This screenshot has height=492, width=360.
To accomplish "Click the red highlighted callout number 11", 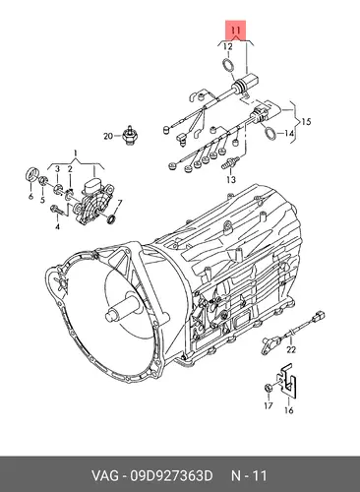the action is coord(236,31).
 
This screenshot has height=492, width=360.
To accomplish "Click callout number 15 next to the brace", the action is coord(306,122).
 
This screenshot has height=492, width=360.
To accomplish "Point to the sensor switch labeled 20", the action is coord(129,135).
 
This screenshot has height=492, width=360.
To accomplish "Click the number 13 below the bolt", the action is coord(231,179).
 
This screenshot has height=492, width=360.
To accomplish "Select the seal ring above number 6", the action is coord(32,174).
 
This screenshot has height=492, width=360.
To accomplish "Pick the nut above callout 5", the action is coord(43,180).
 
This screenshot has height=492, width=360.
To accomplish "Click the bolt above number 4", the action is coord(56,210).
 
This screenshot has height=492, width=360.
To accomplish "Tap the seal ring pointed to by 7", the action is coord(112,218).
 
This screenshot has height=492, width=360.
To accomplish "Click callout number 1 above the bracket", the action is coord(75,153).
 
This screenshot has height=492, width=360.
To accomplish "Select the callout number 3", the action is coord(57,169).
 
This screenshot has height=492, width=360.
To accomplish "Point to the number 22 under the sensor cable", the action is coord(291,349).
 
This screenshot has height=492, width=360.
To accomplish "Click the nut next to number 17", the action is coord(268,388).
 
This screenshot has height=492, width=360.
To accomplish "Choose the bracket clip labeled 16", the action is coord(287,381).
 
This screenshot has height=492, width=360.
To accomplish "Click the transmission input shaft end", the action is coord(110,315).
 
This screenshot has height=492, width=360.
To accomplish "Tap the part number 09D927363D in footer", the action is coord(171,475).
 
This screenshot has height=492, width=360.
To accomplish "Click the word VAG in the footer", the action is coord(105,475).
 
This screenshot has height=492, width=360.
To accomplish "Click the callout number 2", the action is coord(70,169).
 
